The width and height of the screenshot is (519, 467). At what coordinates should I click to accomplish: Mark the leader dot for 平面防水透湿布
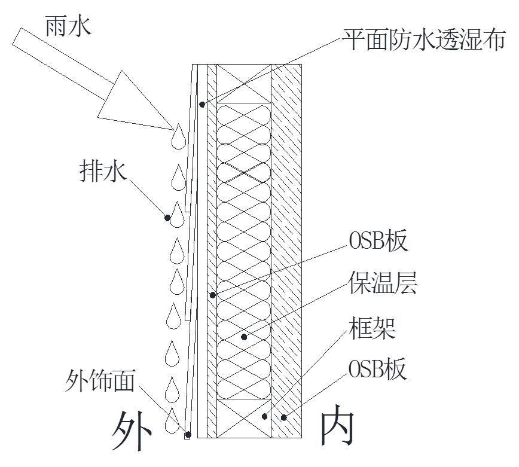pos(203,104)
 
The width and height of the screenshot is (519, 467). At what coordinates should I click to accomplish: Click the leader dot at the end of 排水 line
pos(169,218)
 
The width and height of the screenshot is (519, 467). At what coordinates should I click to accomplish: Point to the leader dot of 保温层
pos(244,337)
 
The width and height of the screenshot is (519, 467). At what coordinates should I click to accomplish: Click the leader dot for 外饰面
pos(187,435)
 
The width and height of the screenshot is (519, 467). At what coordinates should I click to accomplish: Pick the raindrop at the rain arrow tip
pos(178,137)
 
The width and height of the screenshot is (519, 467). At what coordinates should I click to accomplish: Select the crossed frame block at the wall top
pos(243,83)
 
